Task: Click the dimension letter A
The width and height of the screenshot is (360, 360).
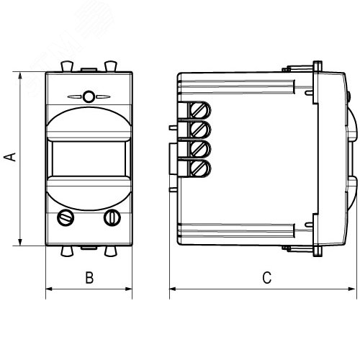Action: coord(10,157)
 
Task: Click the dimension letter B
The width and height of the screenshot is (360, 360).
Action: coord(89,278)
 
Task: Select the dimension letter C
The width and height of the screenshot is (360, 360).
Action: coord(267,278)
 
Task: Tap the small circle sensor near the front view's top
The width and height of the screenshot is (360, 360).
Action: coord(89,96)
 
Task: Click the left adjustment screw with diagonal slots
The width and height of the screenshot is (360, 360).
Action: coord(66,217)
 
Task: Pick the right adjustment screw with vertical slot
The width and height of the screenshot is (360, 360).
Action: coord(112,217)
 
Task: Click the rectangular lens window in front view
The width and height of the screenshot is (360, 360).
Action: coord(89,158)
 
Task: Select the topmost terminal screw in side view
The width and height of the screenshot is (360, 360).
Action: coord(200,111)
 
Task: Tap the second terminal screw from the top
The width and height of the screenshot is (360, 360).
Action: coord(200,130)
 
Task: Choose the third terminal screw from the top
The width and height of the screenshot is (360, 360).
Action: coord(200,149)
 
